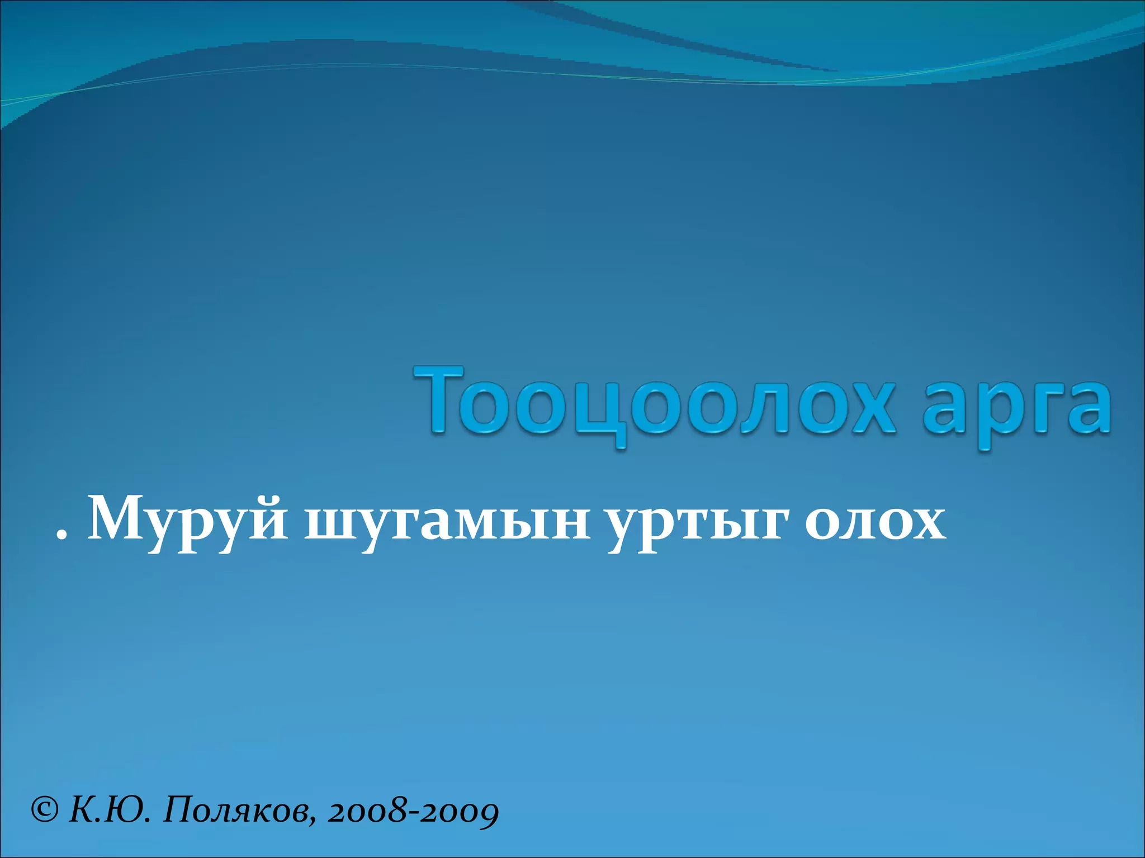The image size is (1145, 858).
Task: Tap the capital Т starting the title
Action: click(x=439, y=399)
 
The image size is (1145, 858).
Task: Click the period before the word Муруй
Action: click(x=61, y=536)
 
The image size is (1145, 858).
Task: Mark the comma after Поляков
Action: click(x=311, y=821)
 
